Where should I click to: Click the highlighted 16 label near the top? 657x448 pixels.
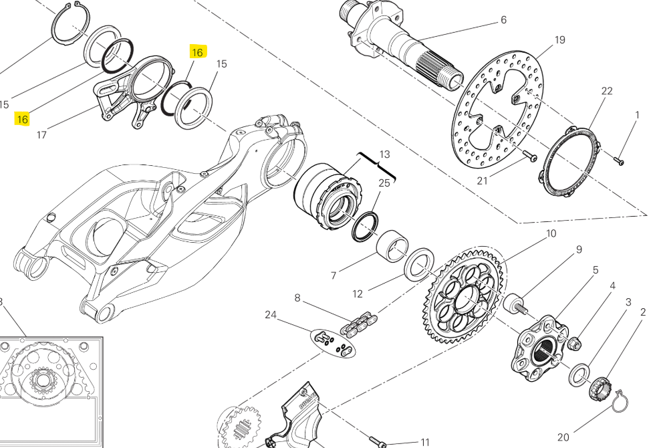click(x=197, y=52)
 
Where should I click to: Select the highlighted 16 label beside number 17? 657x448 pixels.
click(x=23, y=119)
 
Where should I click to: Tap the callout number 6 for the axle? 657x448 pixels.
click(x=503, y=20)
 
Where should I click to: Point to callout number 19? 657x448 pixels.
click(x=559, y=40)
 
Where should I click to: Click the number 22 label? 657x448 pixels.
click(x=606, y=91)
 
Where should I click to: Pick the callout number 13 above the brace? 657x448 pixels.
click(x=384, y=155)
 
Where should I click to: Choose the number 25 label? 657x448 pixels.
click(x=384, y=183)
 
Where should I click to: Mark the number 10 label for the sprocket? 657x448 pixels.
click(x=551, y=233)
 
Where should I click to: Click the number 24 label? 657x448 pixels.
click(x=270, y=314)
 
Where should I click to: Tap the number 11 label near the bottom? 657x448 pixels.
click(x=425, y=442)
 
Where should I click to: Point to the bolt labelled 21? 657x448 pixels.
click(x=530, y=156)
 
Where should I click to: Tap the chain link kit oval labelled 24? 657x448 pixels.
click(x=334, y=342)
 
